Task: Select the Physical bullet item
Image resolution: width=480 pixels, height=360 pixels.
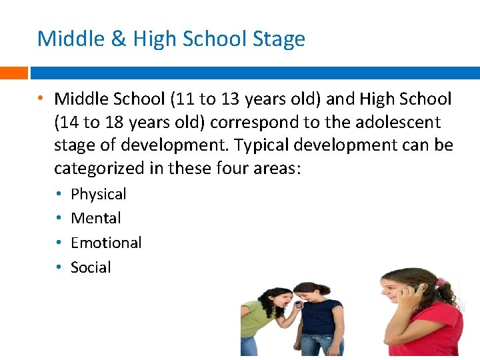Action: (98, 194)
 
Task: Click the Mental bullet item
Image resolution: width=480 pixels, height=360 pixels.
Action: (95, 218)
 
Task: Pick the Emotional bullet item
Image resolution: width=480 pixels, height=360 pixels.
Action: (106, 243)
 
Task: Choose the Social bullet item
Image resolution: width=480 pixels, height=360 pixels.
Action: (91, 267)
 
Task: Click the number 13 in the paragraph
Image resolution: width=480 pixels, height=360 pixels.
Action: (231, 100)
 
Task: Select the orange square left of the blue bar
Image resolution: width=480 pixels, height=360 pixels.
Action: (13, 72)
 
